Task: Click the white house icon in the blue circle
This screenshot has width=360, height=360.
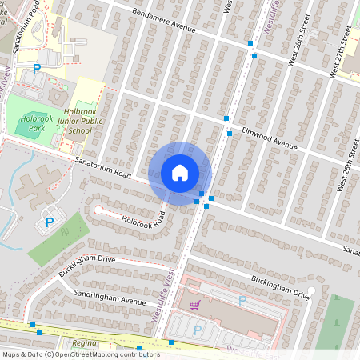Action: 180,172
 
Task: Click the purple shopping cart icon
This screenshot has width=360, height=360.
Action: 194,304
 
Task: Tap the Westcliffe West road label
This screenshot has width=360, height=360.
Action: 163,294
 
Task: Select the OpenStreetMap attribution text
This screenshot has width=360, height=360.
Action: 81,354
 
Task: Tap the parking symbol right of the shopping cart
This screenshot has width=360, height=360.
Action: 242,300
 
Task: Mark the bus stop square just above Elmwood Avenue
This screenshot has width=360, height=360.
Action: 226,118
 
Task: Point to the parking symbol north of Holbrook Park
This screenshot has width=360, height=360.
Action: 36,70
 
